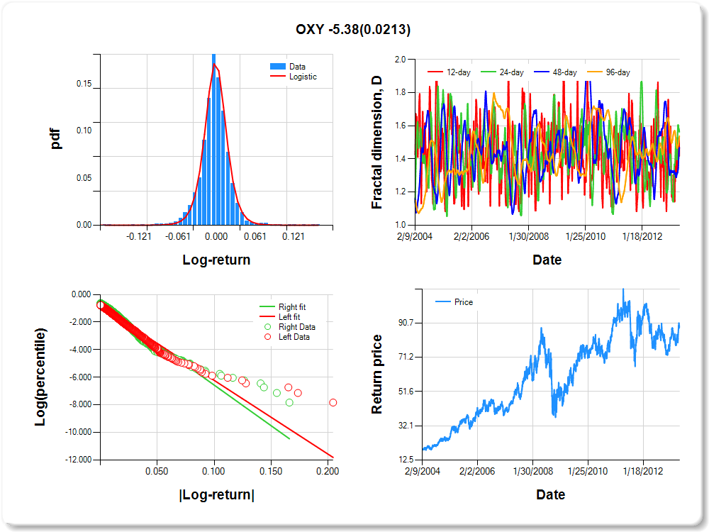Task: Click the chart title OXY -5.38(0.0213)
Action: coord(353,29)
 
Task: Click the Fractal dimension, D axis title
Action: coord(377,143)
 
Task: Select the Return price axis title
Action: coord(377,375)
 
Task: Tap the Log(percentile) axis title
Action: coord(40,377)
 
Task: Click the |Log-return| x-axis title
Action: coord(217,495)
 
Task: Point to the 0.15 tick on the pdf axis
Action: coord(84,84)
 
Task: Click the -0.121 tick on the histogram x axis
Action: coord(139,237)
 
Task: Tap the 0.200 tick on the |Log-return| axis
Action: coord(327,470)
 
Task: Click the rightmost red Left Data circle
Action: coord(333,403)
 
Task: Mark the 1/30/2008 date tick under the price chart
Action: coord(532,470)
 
